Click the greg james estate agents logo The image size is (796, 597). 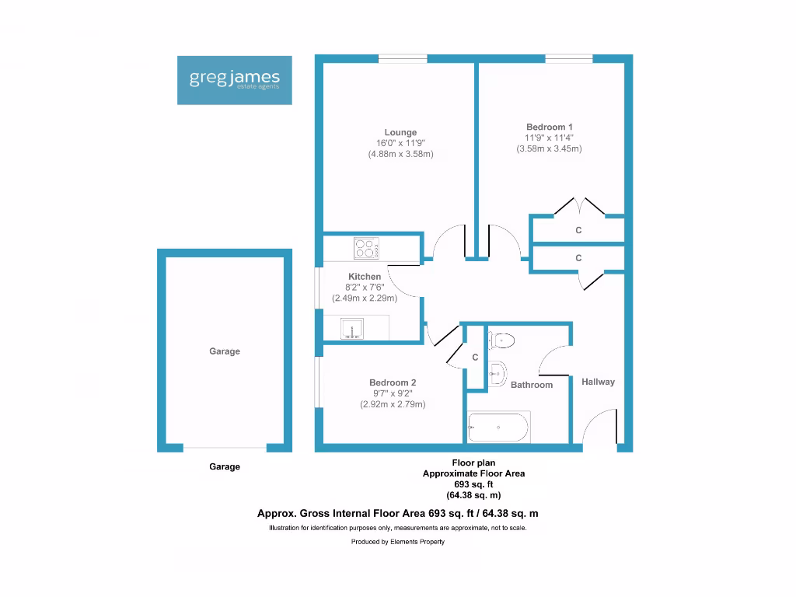[x=235, y=80]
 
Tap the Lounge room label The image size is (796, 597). [x=400, y=132]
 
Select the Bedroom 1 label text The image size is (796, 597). [x=550, y=127]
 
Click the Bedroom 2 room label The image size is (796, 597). [x=393, y=382]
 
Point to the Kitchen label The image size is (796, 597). [x=365, y=277]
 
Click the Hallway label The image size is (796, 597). [x=598, y=382]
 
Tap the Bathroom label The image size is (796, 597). [x=532, y=385]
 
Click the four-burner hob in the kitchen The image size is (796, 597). [x=366, y=249]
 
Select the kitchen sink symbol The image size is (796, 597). [x=354, y=330]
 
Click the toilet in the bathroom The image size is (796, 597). [x=502, y=340]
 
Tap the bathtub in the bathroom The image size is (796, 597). [x=499, y=428]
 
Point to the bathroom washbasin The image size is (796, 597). [x=498, y=374]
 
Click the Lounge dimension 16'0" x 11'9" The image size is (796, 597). [x=400, y=143]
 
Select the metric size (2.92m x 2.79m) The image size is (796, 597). [x=393, y=404]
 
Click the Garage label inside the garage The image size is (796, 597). [x=225, y=351]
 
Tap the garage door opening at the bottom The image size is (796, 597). [x=225, y=448]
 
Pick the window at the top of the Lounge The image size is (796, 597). [x=403, y=58]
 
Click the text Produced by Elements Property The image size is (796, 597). [x=398, y=542]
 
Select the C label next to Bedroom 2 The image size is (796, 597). [x=475, y=358]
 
